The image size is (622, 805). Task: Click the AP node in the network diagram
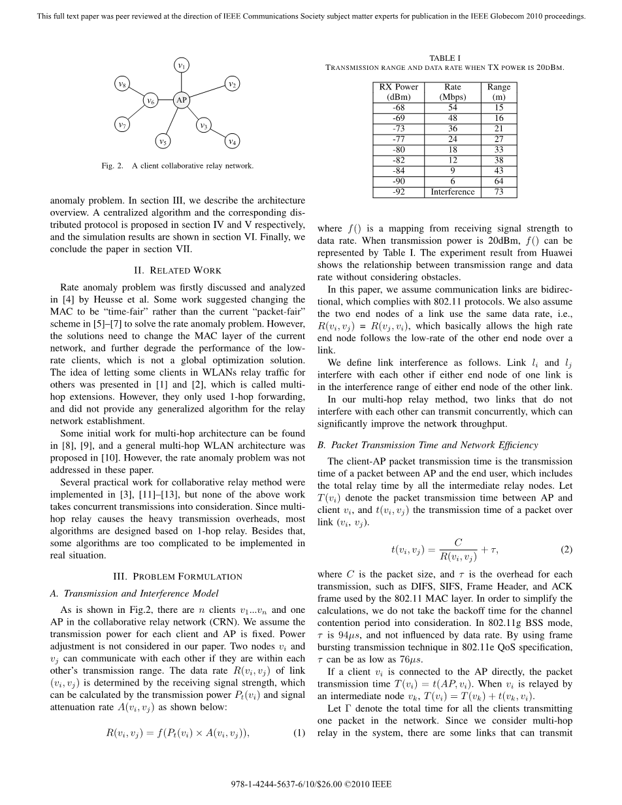(181, 100)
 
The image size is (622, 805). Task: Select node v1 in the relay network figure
(182, 65)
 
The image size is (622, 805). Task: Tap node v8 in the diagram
(122, 83)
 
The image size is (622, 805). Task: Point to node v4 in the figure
(232, 140)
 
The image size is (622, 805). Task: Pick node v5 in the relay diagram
(163, 140)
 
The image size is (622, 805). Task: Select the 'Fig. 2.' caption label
(112, 166)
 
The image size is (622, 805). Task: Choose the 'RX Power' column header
(398, 87)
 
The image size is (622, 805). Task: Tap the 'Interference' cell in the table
(452, 192)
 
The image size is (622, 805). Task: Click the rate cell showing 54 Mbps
(452, 108)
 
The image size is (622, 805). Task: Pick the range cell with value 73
(499, 192)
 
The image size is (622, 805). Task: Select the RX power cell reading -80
(398, 150)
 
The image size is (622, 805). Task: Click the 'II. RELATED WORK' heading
(178, 271)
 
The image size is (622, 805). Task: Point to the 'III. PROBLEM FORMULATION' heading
(178, 576)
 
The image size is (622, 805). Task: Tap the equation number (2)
(566, 550)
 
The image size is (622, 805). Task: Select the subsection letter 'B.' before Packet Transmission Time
(321, 445)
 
